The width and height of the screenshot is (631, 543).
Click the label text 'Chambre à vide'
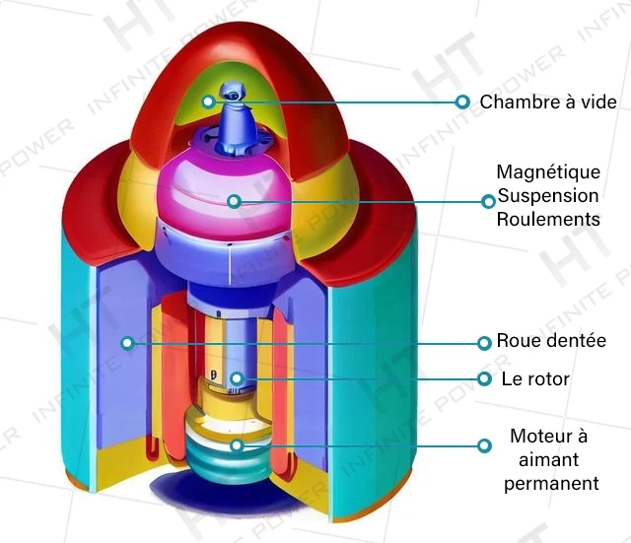(x=548, y=102)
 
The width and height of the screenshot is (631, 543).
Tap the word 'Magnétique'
(x=548, y=172)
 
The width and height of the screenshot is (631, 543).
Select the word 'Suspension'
(x=548, y=196)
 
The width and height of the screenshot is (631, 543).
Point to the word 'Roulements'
(x=548, y=219)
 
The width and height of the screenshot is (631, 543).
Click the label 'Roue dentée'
(x=551, y=341)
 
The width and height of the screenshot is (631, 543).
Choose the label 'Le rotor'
(x=535, y=378)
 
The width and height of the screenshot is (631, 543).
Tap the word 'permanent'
(x=551, y=483)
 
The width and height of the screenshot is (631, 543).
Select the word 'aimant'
(x=548, y=459)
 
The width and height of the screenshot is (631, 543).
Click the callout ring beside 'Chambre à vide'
(x=462, y=102)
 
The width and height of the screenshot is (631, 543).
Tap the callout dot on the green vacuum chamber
(x=208, y=101)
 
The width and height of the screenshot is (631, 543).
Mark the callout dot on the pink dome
(x=235, y=201)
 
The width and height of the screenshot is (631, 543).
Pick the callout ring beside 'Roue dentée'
(x=484, y=343)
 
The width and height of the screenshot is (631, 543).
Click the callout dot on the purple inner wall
(x=127, y=343)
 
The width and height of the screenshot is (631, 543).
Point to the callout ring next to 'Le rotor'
(x=484, y=378)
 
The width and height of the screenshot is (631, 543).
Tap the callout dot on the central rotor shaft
(x=237, y=378)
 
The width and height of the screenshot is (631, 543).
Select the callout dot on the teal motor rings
(x=237, y=445)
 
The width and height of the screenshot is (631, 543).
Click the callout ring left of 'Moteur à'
(x=484, y=445)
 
